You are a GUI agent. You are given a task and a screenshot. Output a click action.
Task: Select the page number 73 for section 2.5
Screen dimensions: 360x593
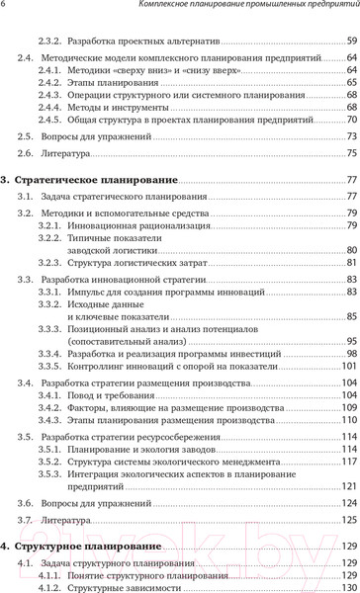pyautogui.click(x=351, y=162)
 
